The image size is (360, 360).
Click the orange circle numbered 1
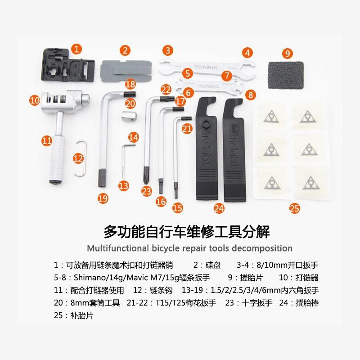click(77, 48)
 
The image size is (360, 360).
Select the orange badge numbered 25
click(294, 208)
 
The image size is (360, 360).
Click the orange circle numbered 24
click(219, 208)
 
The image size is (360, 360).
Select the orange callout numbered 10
click(35, 100)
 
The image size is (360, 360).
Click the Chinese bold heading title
click(186, 232)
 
